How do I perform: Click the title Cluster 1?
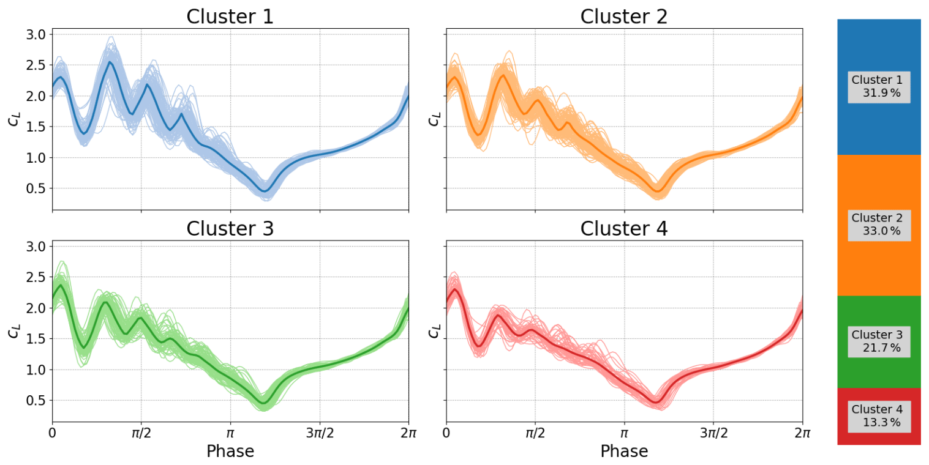(230, 17)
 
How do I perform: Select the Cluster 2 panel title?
(624, 17)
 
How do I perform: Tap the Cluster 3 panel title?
(230, 228)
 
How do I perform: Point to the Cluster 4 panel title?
(624, 228)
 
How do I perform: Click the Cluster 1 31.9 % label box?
(879, 87)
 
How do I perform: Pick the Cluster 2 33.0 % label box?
(879, 225)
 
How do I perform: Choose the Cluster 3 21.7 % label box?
(879, 341)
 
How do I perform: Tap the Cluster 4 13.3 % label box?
(879, 416)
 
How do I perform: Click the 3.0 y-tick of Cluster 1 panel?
(36, 34)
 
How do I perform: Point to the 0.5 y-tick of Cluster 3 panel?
(36, 400)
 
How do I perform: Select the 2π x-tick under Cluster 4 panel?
(802, 434)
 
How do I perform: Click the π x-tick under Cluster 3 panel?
(230, 434)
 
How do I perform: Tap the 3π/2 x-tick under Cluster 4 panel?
(713, 434)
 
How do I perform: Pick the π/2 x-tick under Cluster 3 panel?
(141, 434)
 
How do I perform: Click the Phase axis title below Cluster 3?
(230, 452)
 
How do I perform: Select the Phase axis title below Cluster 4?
(624, 452)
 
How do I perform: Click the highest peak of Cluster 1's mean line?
(110, 62)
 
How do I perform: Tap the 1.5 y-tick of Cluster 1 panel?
(36, 127)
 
